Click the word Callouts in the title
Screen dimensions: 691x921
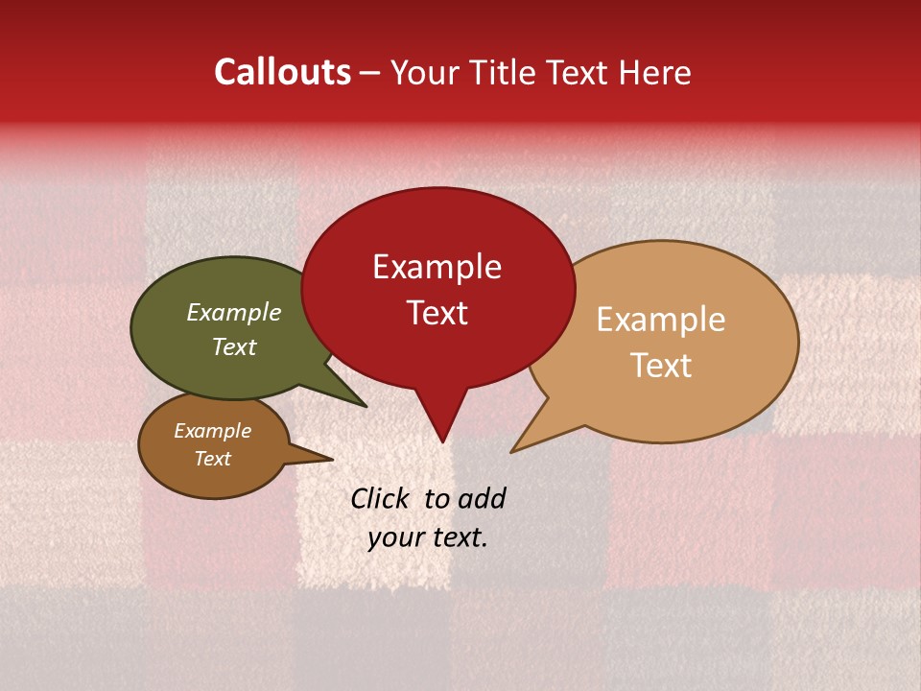click(x=282, y=72)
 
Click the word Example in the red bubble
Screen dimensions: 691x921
click(x=437, y=267)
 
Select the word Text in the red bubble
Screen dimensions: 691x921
click(x=437, y=313)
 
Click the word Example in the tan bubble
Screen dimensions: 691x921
click(x=661, y=320)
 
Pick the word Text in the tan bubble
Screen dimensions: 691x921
click(x=661, y=366)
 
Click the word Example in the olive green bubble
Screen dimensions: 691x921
click(x=233, y=312)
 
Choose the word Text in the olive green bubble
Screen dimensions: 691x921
click(x=233, y=346)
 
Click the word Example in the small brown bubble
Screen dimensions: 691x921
click(x=212, y=431)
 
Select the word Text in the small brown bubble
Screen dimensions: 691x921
click(x=212, y=459)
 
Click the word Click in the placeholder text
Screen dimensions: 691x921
click(x=382, y=498)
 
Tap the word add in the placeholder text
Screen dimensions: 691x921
click(x=482, y=498)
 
